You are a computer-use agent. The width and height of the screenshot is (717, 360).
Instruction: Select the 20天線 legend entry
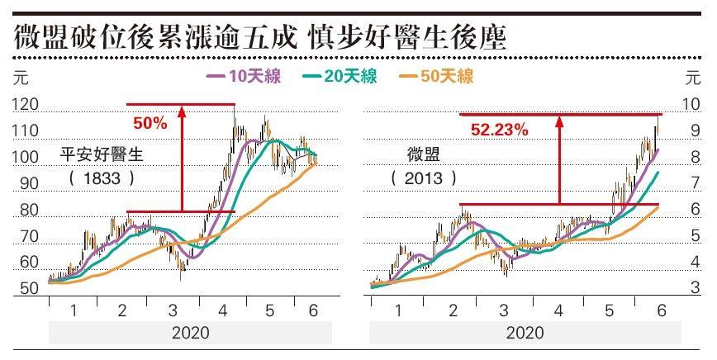coord(340,77)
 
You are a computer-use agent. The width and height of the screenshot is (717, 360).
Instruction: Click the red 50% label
coord(150,124)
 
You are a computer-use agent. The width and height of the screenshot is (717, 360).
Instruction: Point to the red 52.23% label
coord(500,129)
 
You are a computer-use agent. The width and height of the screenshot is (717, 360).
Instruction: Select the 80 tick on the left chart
coord(29,211)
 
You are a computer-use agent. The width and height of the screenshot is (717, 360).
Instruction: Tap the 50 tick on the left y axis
coord(29,289)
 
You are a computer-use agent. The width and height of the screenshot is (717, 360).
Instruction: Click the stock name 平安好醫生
coord(102,154)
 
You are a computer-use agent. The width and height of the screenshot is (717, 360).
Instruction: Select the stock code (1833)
coord(102,177)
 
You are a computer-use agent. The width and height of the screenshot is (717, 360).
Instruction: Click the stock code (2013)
coord(425,177)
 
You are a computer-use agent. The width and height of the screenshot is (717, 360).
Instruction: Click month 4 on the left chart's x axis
coord(223,310)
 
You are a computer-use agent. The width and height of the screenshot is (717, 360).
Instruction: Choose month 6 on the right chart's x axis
coord(661,310)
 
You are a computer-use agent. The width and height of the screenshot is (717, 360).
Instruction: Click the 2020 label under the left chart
coord(190,333)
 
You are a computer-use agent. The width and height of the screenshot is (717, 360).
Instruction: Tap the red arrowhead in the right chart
coord(559,122)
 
